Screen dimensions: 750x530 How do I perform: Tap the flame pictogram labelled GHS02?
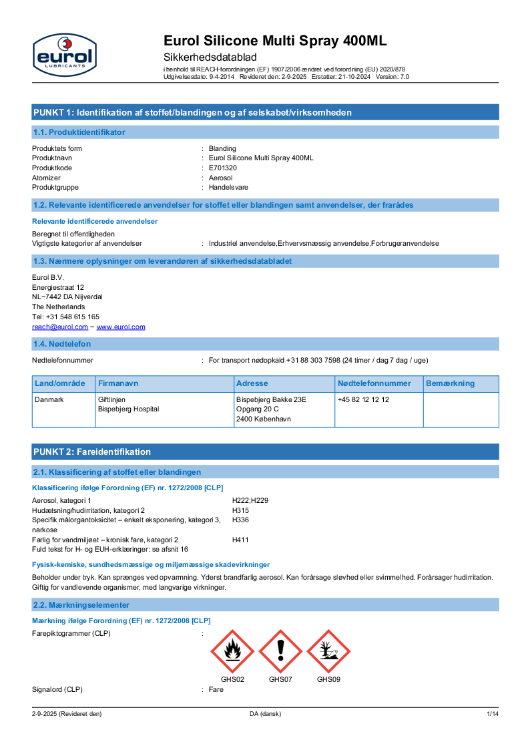[x=232, y=651]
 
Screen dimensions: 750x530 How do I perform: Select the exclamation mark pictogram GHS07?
[x=280, y=651]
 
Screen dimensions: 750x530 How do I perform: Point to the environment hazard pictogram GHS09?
[x=328, y=651]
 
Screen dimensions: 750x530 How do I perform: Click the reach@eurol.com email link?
[x=60, y=327]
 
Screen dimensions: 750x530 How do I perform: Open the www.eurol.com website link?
[x=121, y=327]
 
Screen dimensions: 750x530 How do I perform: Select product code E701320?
[x=223, y=168]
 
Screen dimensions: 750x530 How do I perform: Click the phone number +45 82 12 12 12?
[x=363, y=399]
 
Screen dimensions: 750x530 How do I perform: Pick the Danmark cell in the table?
[x=49, y=399]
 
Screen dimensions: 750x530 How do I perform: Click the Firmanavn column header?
[x=118, y=383]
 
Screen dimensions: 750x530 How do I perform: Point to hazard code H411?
[x=240, y=540]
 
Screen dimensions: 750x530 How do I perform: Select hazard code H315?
[x=240, y=510]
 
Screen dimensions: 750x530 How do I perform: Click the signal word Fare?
[x=216, y=689]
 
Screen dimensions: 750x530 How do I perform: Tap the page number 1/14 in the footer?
[x=492, y=714]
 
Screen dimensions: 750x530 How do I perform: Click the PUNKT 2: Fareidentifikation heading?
[x=92, y=452]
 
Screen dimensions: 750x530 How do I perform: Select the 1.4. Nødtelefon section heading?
[x=62, y=344]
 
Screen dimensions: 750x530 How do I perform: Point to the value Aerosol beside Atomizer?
[x=220, y=178]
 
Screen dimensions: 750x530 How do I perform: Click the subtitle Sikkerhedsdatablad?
[x=210, y=57]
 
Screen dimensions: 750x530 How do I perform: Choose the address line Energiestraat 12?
[x=58, y=287]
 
